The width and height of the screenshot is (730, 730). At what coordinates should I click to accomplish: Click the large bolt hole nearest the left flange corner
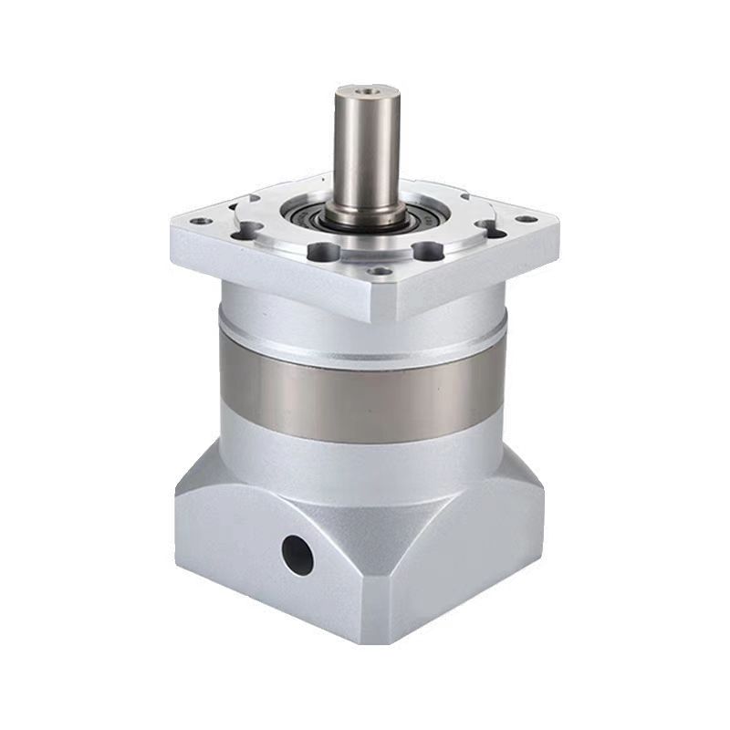click(245, 231)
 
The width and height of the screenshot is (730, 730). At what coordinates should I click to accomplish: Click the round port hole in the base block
click(297, 554)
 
